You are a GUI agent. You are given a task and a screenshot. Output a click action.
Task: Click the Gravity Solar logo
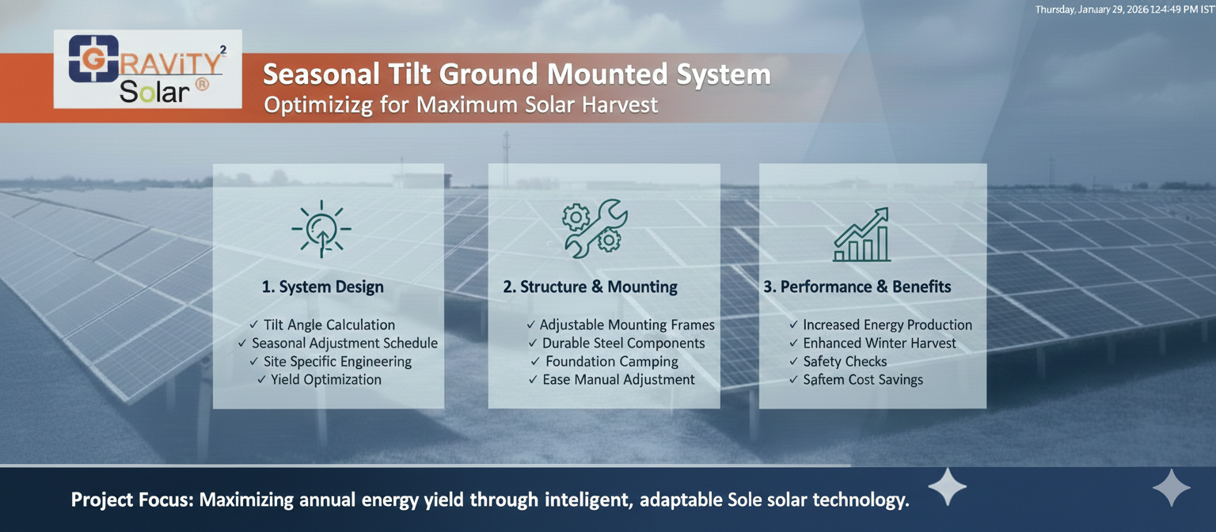pyautogui.click(x=148, y=69)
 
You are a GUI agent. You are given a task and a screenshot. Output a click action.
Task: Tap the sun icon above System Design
pyautogui.click(x=321, y=229)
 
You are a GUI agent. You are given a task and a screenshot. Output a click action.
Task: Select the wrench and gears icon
pyautogui.click(x=595, y=228)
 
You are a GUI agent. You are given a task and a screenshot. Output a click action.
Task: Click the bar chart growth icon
pyautogui.click(x=861, y=234)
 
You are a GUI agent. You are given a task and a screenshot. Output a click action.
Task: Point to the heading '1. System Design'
pyautogui.click(x=322, y=287)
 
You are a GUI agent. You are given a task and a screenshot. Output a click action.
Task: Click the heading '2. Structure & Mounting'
pyautogui.click(x=590, y=287)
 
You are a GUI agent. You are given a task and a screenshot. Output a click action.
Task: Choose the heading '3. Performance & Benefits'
pyautogui.click(x=857, y=287)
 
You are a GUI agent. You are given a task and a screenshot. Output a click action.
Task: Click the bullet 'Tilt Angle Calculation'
pyautogui.click(x=329, y=325)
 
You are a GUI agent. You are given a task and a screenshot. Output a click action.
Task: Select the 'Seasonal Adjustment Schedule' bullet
pyautogui.click(x=344, y=343)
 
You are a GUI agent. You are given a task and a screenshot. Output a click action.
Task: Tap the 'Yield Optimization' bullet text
pyautogui.click(x=325, y=379)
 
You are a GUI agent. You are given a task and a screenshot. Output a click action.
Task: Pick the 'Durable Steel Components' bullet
pyautogui.click(x=623, y=343)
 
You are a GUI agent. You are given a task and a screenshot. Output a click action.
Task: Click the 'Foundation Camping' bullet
pyautogui.click(x=612, y=362)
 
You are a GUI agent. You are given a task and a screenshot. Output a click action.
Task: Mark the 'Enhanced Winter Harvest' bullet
pyautogui.click(x=880, y=343)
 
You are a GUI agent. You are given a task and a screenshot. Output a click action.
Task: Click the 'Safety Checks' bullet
pyautogui.click(x=845, y=362)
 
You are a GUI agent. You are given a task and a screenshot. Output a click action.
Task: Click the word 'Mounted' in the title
pyautogui.click(x=607, y=74)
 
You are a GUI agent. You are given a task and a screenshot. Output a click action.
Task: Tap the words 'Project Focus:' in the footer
pyautogui.click(x=132, y=500)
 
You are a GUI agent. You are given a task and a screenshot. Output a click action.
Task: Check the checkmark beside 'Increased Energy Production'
pyautogui.click(x=794, y=325)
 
